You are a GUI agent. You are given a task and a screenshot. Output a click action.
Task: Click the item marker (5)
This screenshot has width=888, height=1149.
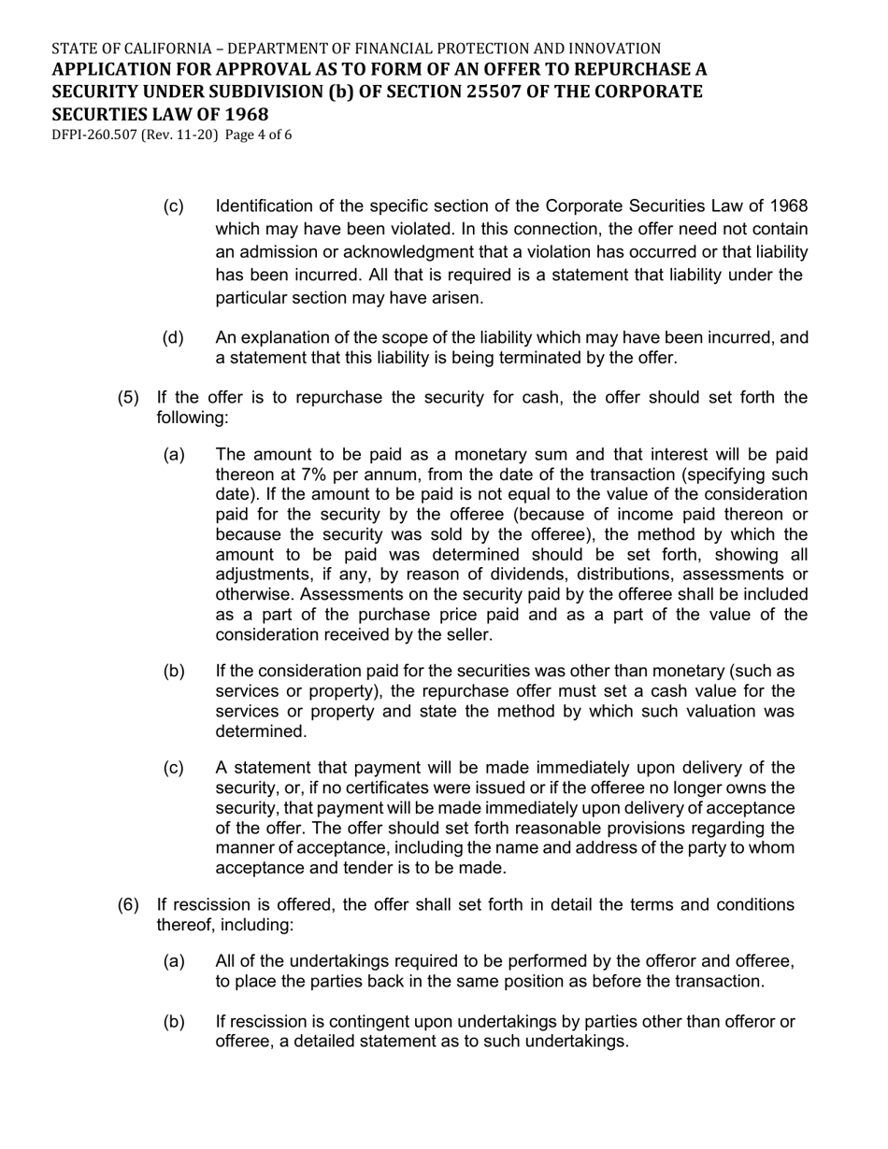click(128, 398)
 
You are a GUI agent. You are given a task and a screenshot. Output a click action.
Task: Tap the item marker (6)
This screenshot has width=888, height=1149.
click(128, 904)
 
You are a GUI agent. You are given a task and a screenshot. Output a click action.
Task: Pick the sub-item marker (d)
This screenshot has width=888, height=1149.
click(173, 337)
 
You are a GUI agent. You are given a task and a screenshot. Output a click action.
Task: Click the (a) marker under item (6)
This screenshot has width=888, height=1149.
click(173, 961)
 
